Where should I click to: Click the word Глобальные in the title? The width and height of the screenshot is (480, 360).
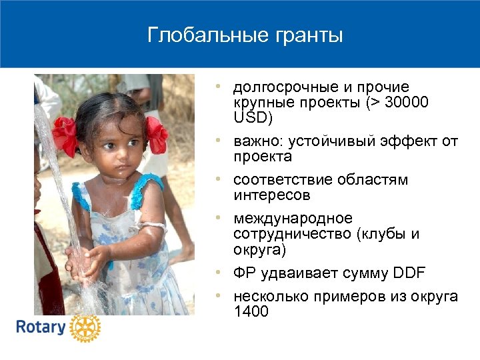[195, 35]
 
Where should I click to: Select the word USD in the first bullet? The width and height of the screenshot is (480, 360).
[249, 117]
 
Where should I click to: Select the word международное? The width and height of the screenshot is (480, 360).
[293, 219]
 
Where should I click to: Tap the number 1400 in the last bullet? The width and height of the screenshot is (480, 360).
[251, 311]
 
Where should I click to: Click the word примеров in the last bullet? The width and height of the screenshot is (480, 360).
[336, 296]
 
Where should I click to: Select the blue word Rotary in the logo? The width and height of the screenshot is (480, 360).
[41, 328]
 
